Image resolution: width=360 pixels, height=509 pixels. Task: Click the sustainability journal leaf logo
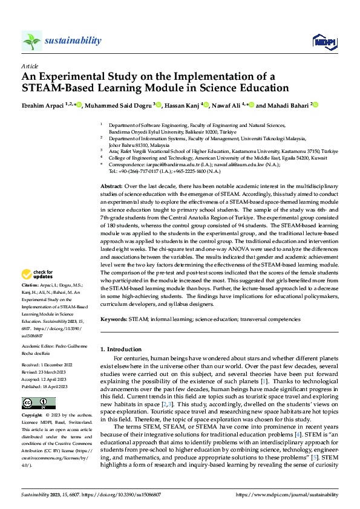31,41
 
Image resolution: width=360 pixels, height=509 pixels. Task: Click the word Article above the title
30,66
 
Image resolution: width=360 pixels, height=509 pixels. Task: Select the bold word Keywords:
113,318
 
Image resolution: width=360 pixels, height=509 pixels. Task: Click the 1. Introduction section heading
120,349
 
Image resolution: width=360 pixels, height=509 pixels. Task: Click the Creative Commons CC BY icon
39,403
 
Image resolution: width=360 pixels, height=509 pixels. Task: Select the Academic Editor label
39,346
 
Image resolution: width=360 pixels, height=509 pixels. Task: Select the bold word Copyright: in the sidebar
32,416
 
